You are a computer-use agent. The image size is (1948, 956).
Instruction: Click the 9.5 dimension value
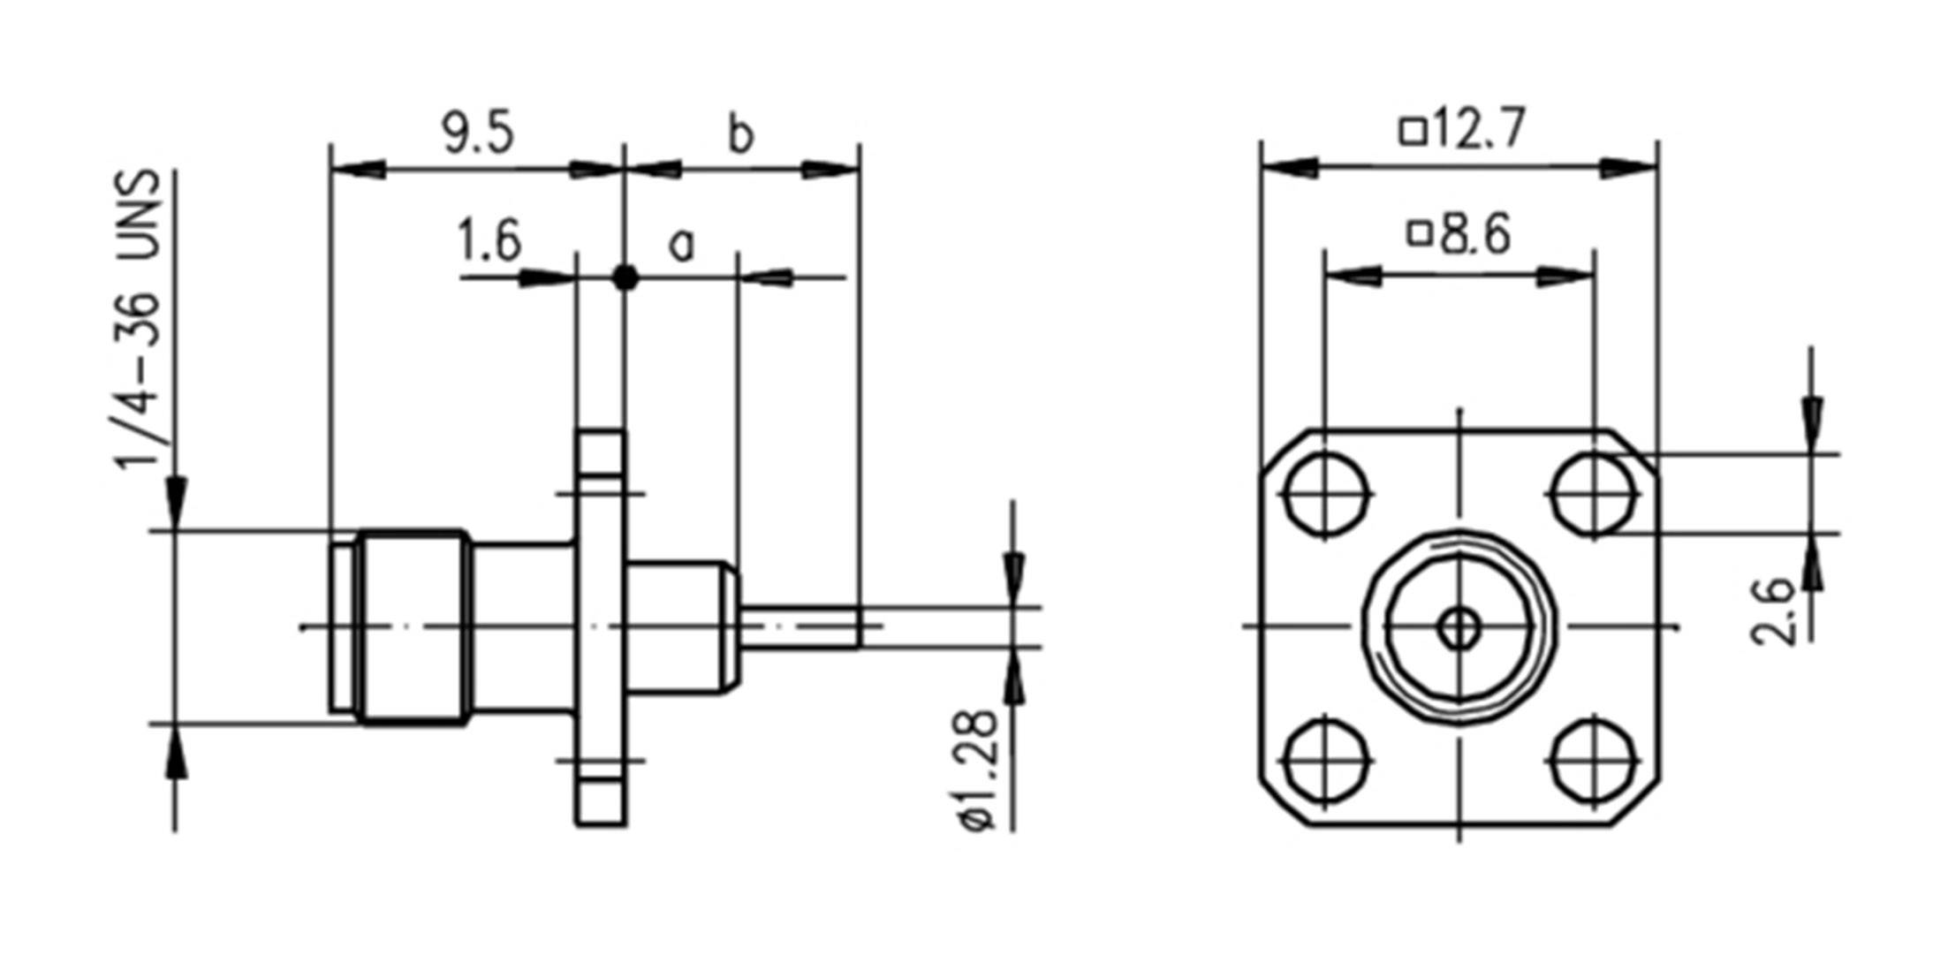[x=478, y=134]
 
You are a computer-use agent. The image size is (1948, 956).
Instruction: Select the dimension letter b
[x=740, y=136]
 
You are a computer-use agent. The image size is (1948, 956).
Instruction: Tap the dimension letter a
[x=681, y=245]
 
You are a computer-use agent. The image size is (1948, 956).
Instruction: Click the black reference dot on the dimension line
[x=625, y=277]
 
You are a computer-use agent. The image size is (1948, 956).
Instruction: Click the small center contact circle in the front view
[x=1459, y=628]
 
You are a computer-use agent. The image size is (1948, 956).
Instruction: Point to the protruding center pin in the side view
[x=800, y=627]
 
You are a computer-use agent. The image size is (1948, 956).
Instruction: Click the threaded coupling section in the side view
[x=413, y=627]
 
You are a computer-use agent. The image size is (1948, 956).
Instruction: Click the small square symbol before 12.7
[x=1413, y=132]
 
